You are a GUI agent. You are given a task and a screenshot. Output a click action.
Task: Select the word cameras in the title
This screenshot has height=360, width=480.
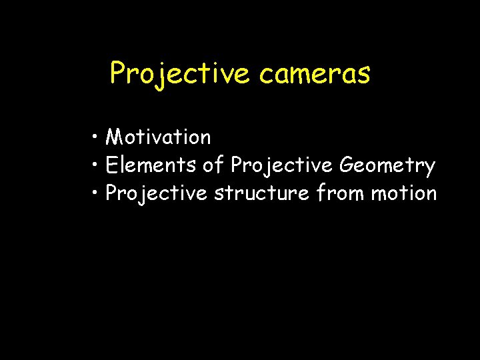click(315, 74)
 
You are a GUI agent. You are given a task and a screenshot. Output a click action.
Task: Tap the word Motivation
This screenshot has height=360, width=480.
click(159, 137)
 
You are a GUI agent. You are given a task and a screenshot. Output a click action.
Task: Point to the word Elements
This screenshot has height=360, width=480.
click(149, 165)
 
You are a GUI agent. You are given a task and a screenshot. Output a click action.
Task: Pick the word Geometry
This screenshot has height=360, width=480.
click(387, 165)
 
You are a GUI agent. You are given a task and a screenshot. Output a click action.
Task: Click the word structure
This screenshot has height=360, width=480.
click(262, 194)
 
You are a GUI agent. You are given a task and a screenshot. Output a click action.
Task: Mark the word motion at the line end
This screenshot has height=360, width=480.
click(404, 194)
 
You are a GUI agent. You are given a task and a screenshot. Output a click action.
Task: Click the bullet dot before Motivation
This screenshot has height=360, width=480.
click(97, 138)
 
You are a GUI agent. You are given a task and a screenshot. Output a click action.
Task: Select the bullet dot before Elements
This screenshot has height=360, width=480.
click(97, 165)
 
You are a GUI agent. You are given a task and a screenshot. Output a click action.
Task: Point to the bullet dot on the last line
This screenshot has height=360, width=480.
click(97, 193)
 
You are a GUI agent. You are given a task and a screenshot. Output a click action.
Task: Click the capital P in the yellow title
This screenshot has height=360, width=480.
click(118, 73)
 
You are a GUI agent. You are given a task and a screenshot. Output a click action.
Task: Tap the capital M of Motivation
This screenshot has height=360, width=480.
click(115, 137)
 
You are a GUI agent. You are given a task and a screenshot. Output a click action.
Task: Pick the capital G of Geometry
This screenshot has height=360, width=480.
click(347, 164)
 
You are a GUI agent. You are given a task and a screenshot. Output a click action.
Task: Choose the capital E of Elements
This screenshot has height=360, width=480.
click(111, 165)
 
